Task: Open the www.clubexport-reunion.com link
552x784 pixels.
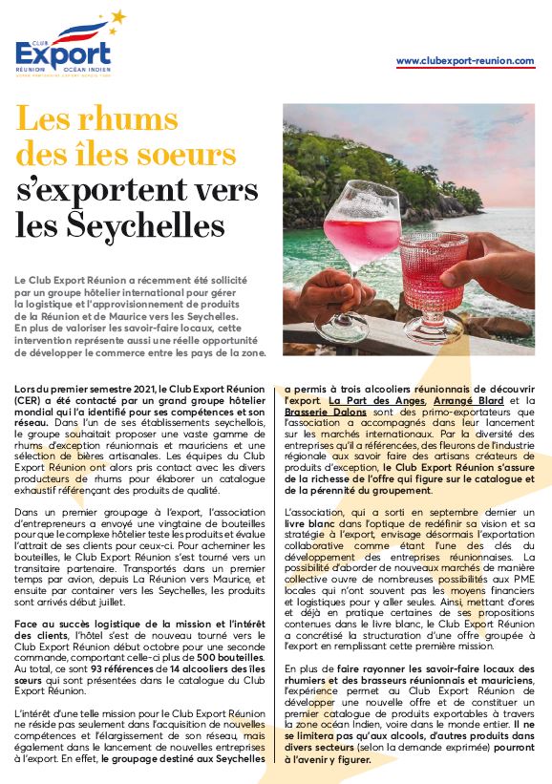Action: (x=465, y=61)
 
